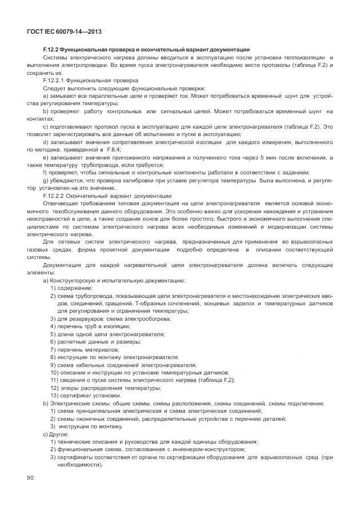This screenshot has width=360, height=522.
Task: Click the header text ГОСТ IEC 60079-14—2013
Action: point(60,32)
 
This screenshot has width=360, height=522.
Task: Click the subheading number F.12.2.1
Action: point(55,81)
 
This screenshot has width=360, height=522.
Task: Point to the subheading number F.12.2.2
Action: point(55,196)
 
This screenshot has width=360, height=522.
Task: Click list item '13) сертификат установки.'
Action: point(85,395)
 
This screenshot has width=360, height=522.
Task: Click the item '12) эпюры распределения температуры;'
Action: point(105,388)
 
